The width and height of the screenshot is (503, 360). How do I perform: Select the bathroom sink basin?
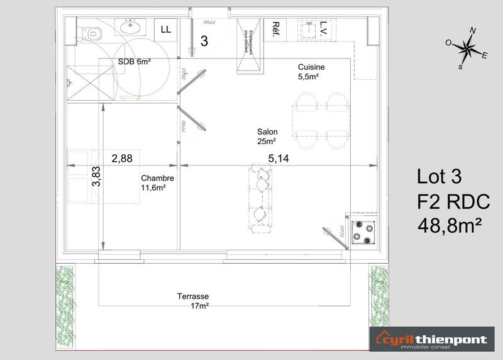(x=132, y=27)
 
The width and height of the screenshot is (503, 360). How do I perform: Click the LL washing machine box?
(x=166, y=29)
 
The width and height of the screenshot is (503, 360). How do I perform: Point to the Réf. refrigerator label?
(x=276, y=29)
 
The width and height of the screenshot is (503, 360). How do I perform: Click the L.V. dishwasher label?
(x=324, y=28)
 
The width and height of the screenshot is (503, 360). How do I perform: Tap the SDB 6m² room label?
(x=135, y=61)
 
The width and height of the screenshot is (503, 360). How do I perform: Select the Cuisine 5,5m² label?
(x=311, y=72)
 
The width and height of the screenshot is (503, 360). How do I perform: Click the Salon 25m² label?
(x=267, y=137)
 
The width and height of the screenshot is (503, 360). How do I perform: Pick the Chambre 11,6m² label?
(x=157, y=183)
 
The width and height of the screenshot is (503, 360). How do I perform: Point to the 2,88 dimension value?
(x=122, y=159)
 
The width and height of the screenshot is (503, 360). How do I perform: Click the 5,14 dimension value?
(x=279, y=159)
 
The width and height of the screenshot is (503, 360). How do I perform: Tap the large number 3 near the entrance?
(x=204, y=41)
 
